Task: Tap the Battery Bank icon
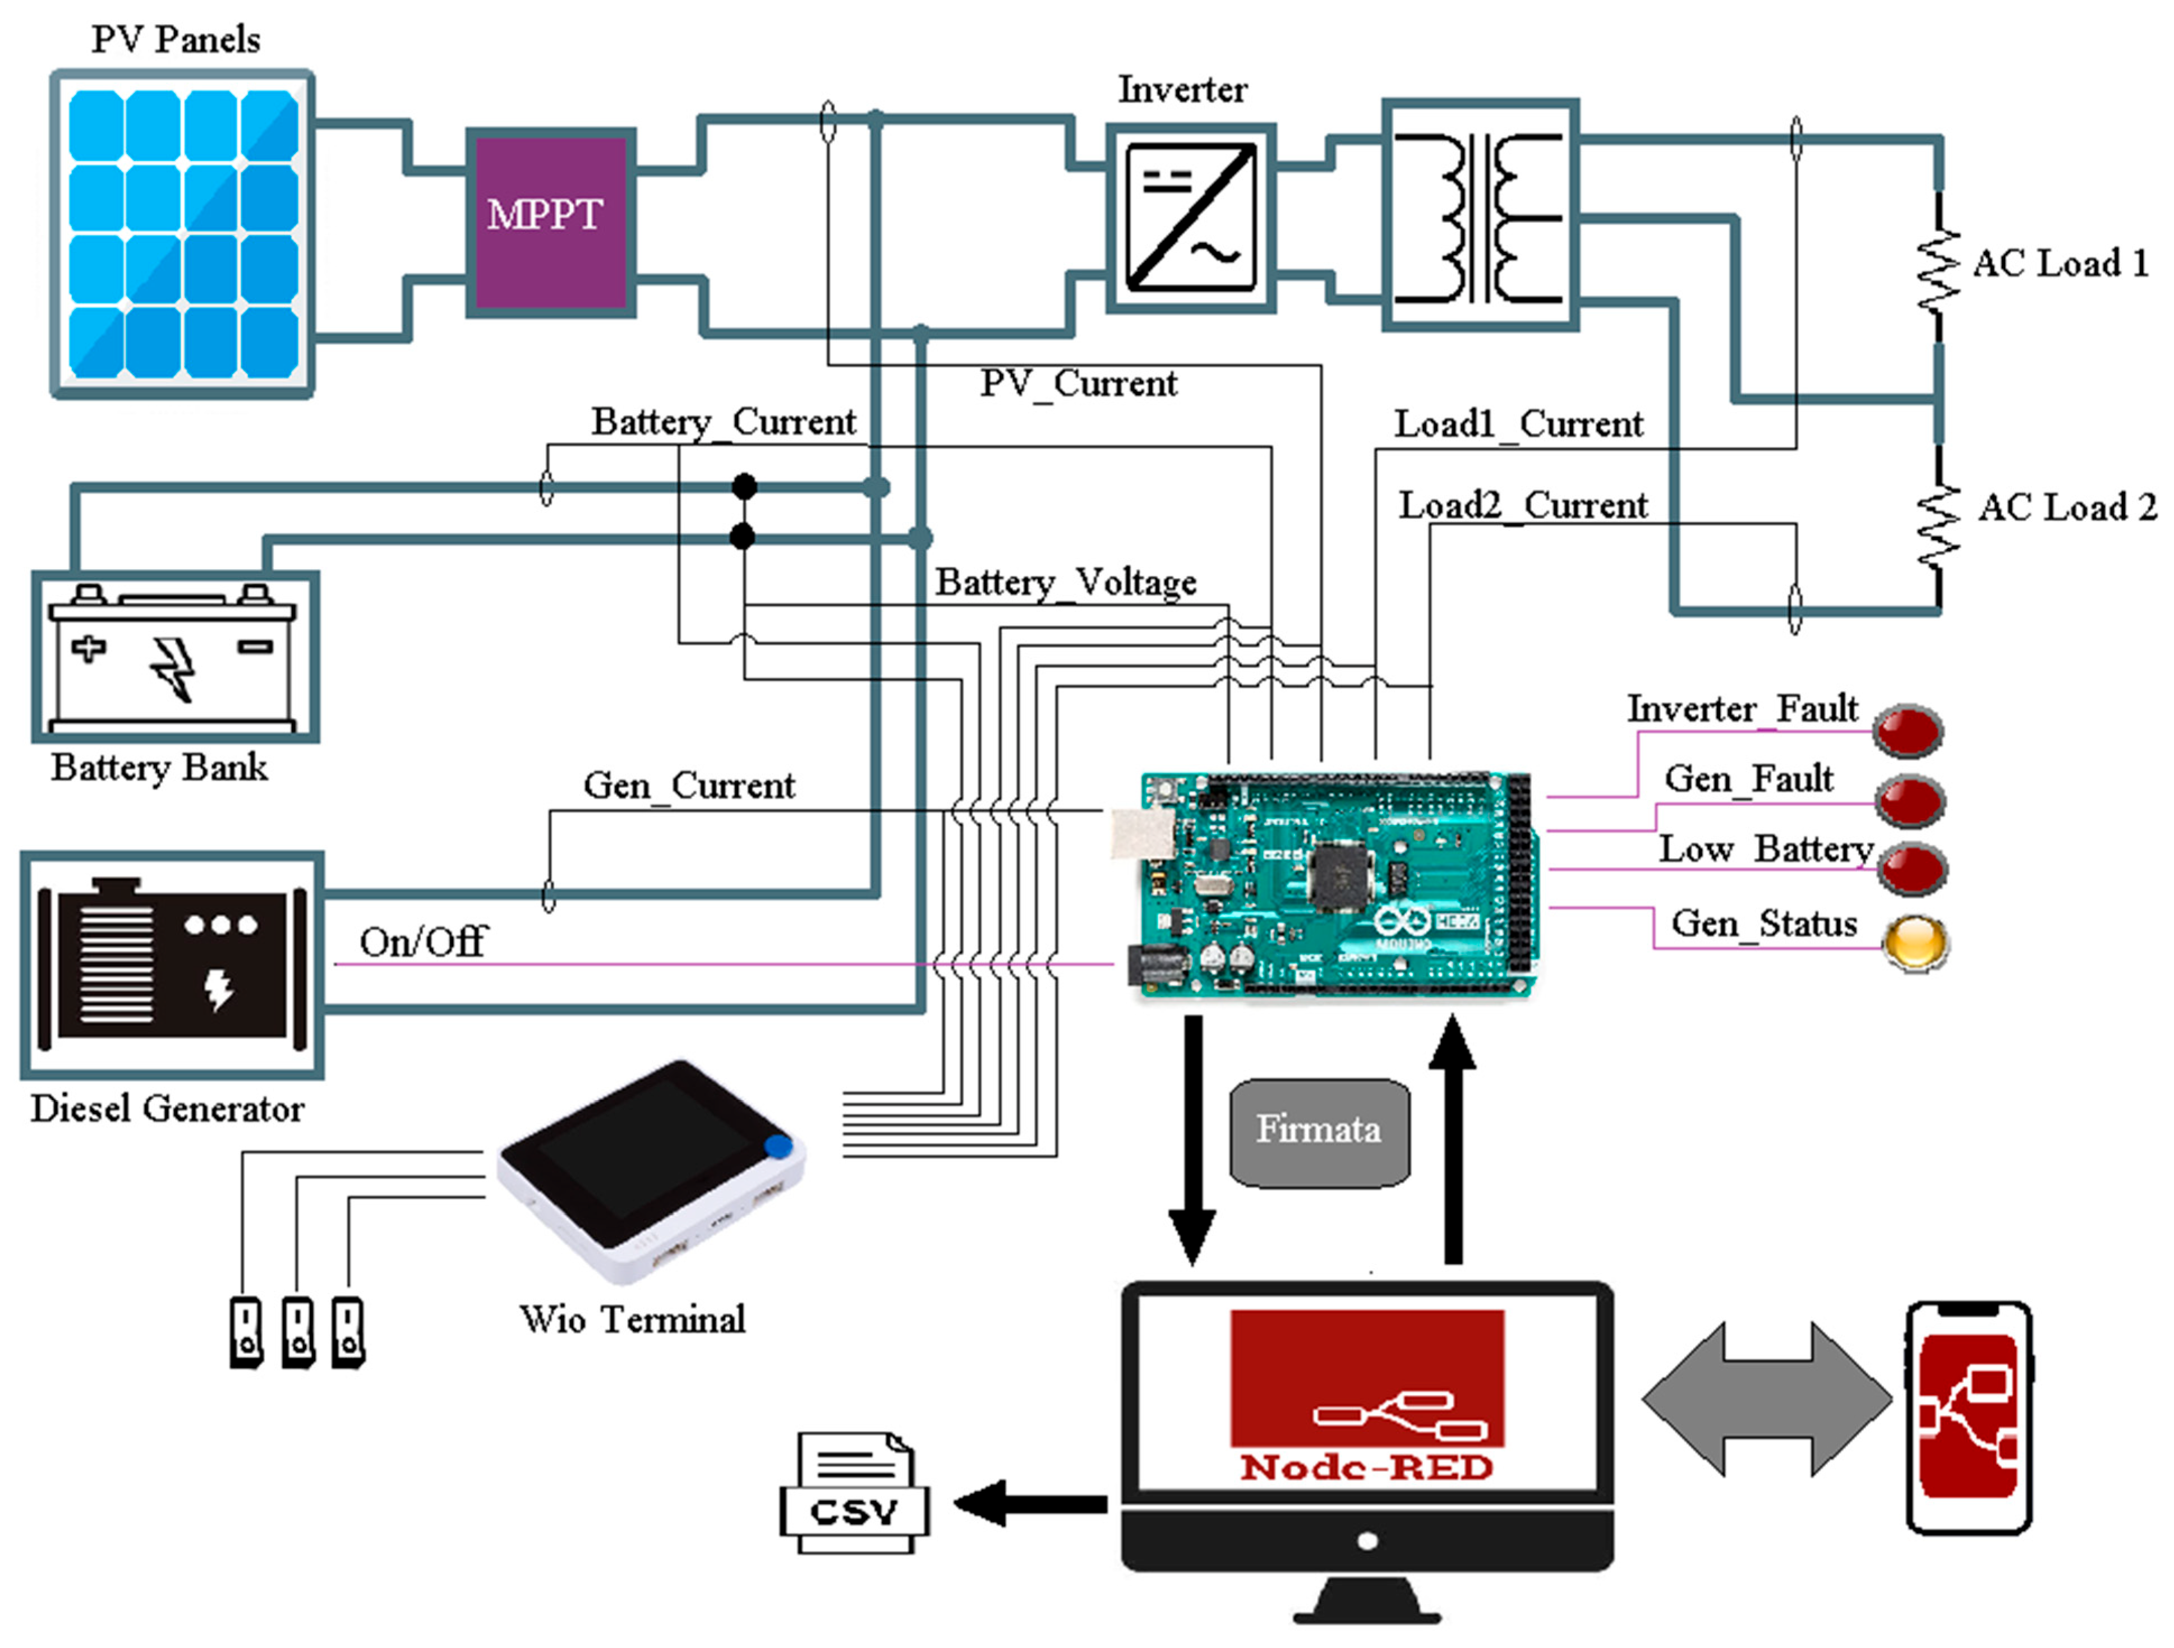click(175, 657)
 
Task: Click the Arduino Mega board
click(1337, 884)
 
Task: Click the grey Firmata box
click(1319, 1132)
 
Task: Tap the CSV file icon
click(853, 1494)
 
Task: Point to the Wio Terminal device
click(651, 1170)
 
